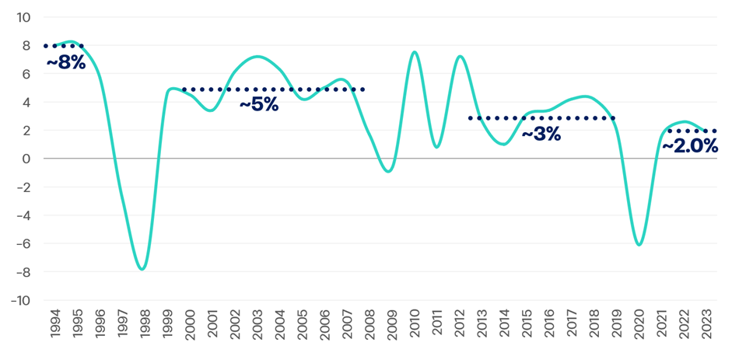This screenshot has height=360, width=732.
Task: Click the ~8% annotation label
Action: click(65, 63)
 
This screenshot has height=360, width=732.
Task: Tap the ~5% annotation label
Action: click(258, 104)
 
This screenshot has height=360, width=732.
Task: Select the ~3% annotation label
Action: click(541, 134)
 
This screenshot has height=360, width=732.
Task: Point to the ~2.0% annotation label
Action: click(689, 145)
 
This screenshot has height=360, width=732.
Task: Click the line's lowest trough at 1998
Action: click(142, 269)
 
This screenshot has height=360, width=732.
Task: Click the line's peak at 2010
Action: click(414, 52)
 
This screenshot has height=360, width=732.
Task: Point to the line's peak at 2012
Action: click(460, 56)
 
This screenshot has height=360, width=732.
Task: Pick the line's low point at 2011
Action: click(436, 147)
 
